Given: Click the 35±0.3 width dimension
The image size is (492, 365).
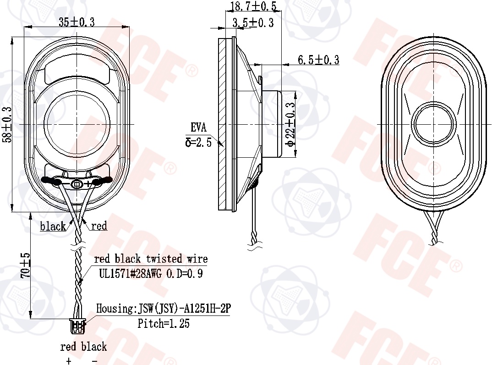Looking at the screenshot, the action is [x=77, y=22].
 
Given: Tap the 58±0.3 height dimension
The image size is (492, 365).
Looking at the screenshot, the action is [x=7, y=125].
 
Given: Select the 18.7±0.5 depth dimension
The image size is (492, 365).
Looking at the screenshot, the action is [x=253, y=6].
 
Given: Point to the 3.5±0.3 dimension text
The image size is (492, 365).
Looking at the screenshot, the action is [x=253, y=22].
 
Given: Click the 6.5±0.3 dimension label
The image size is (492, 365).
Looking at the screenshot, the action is [x=318, y=60].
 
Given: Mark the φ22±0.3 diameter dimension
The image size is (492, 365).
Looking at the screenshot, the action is [x=291, y=124].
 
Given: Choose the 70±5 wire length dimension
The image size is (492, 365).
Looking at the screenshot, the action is [x=26, y=265].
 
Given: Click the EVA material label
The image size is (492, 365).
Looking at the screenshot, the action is [x=199, y=127].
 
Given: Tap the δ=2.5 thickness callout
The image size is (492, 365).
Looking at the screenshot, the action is [x=199, y=143].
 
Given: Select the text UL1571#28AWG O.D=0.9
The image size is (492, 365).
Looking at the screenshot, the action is [x=151, y=274].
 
